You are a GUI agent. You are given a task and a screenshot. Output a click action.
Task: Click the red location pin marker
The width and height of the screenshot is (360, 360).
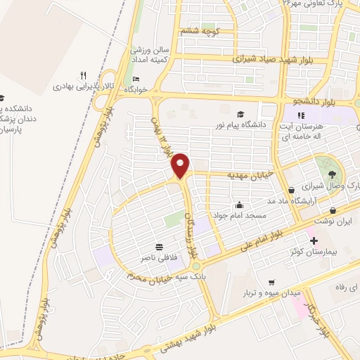(181, 166)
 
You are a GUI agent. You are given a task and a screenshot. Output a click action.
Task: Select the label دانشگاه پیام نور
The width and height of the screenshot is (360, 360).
(241, 125)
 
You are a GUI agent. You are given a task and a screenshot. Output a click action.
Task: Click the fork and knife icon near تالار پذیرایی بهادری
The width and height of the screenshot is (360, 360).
(83, 75)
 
